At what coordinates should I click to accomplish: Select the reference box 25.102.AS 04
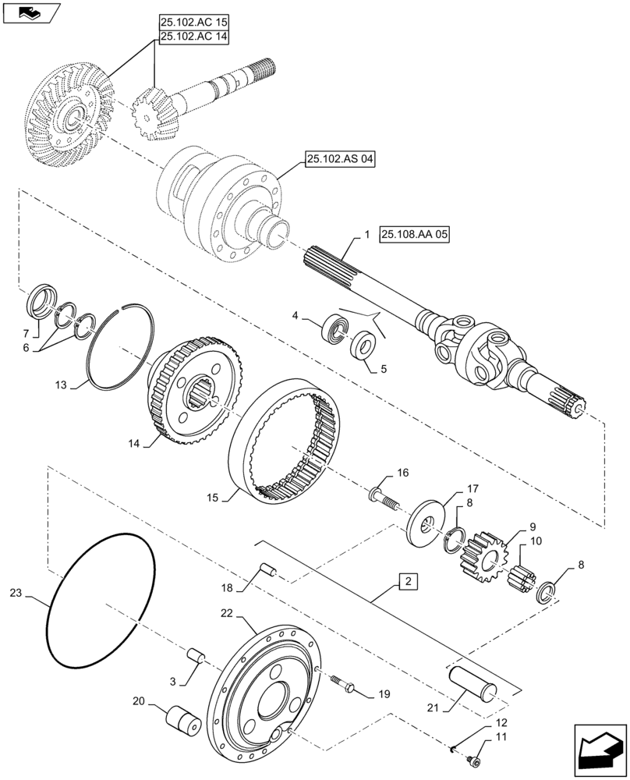[x=340, y=160]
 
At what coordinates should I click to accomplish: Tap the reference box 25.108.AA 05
[x=416, y=234]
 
